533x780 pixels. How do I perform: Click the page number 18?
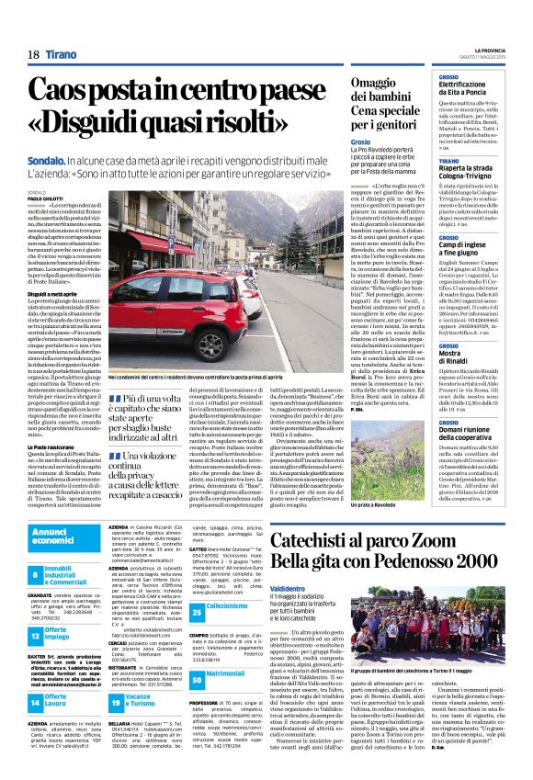[x=32, y=54]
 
